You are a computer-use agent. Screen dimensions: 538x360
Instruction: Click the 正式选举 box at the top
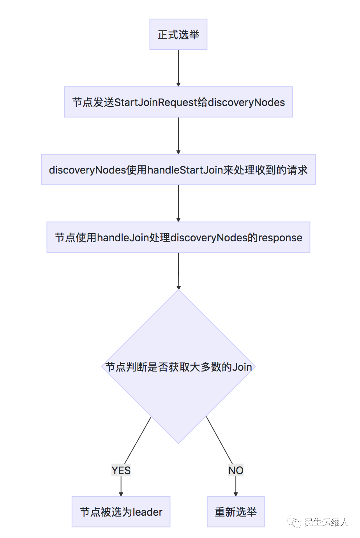[x=178, y=34]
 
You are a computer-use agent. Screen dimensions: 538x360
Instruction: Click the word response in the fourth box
[x=280, y=238]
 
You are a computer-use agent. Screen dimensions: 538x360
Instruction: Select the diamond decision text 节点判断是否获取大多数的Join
[x=178, y=367]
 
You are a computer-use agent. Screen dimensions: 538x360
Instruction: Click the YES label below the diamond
[x=121, y=471]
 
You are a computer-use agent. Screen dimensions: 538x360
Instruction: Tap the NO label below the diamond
[x=236, y=471]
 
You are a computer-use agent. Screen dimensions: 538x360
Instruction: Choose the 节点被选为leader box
[x=121, y=512]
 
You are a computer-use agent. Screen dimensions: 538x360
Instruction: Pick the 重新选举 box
[x=236, y=512]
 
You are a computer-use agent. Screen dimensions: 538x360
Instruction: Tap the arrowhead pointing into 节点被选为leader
[x=121, y=493]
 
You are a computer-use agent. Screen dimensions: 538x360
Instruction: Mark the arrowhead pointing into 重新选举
[x=236, y=493]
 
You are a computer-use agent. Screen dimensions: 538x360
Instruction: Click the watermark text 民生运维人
[x=326, y=522]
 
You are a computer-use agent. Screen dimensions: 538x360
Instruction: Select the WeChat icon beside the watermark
[x=294, y=522]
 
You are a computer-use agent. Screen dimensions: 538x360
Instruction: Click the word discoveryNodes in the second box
[x=246, y=102]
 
